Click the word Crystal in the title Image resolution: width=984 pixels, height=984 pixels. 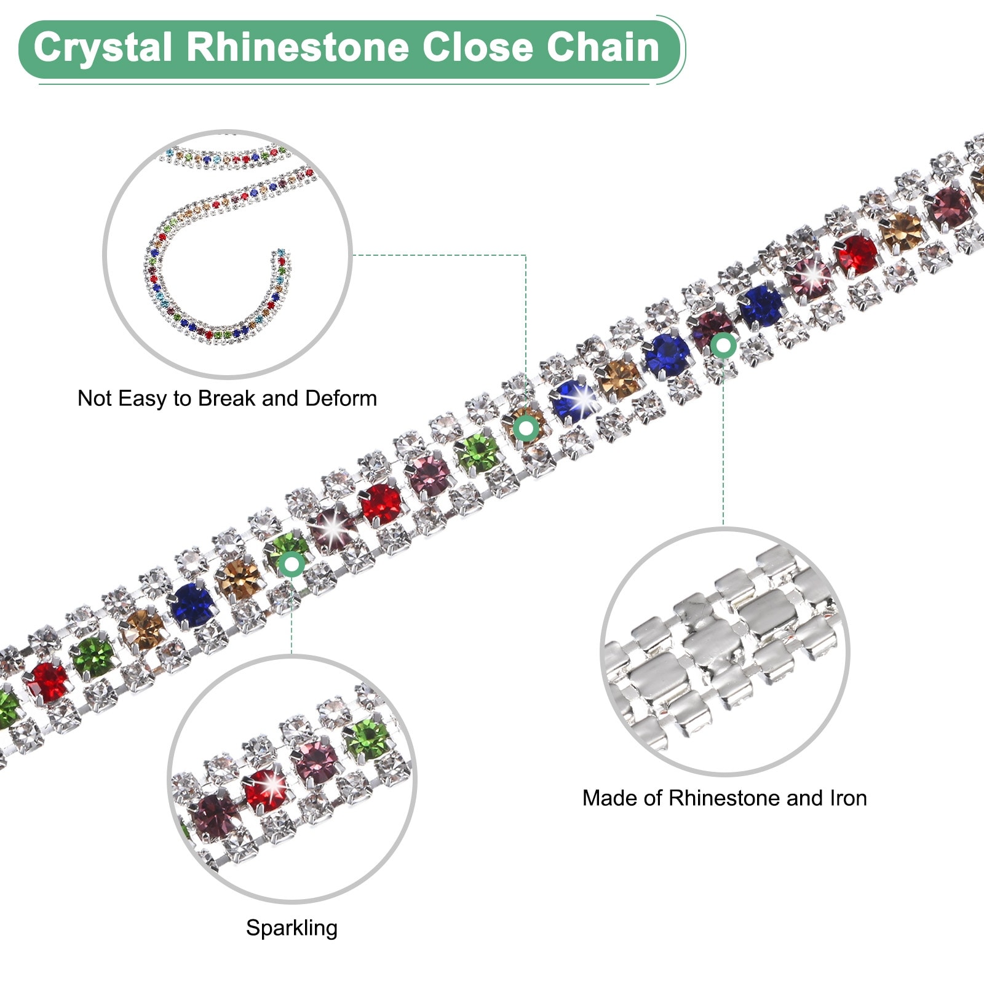pos(102,48)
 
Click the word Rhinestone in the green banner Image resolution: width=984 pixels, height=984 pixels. pos(298,48)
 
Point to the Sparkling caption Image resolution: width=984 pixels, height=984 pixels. pos(292,927)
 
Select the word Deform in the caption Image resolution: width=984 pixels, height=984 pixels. pos(341,399)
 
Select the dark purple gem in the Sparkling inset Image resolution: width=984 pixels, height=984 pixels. pos(215,815)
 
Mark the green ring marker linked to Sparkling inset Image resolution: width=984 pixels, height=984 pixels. pos(292,563)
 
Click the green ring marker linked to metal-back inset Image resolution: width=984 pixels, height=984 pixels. pos(723,346)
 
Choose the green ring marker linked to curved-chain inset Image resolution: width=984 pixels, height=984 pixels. pos(526,427)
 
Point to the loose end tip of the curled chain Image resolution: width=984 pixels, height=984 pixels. pos(280,253)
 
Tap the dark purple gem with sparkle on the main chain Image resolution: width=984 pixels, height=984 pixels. pos(332,529)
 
